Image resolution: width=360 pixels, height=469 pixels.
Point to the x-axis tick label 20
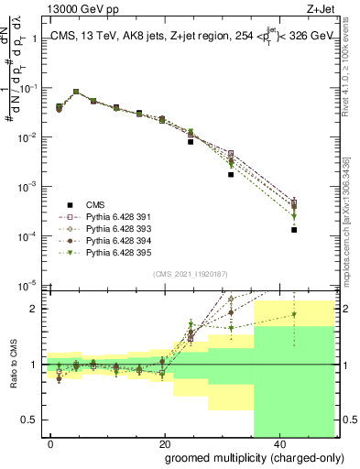[164, 442]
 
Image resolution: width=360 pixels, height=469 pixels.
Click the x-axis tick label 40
[278, 442]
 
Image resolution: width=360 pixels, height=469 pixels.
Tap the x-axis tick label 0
[50, 442]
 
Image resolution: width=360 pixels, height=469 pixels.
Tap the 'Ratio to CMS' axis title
[12, 364]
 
